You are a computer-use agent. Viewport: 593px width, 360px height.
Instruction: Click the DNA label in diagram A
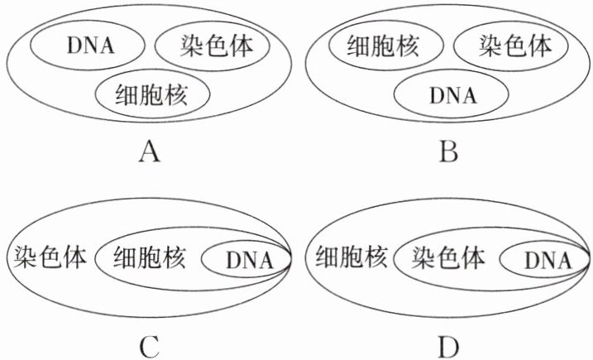(85, 45)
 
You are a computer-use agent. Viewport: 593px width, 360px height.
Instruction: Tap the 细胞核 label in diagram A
(152, 95)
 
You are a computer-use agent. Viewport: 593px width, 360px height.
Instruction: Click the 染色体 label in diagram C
(50, 257)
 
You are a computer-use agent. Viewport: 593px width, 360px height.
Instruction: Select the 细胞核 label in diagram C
(151, 257)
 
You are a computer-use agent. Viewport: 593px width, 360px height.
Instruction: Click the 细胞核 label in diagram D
(351, 257)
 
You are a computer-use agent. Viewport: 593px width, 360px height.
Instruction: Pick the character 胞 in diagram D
(351, 257)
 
